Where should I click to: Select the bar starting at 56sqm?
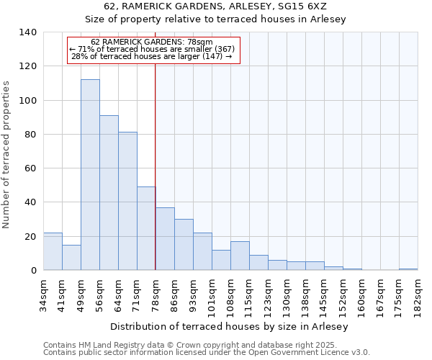[x=109, y=193]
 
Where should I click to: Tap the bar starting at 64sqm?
[x=127, y=201]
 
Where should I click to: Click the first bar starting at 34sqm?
[x=53, y=251]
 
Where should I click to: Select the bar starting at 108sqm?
[x=240, y=256]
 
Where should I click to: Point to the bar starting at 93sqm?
[x=202, y=251]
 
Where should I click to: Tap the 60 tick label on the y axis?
[x=30, y=168]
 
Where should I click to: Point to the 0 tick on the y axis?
[x=33, y=271]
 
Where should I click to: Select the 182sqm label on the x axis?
[x=418, y=296]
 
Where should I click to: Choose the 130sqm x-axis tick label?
[x=287, y=296]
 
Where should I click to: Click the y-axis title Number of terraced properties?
[x=7, y=155]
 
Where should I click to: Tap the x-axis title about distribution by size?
[x=230, y=326]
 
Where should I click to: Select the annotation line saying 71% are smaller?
[x=152, y=49]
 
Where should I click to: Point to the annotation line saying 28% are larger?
[x=152, y=56]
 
